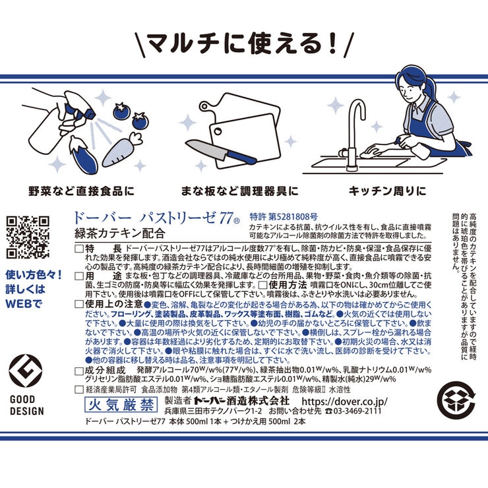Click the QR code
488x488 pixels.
tap(28, 237)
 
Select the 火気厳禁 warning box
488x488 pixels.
tap(121, 401)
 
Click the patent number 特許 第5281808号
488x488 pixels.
tap(284, 216)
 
